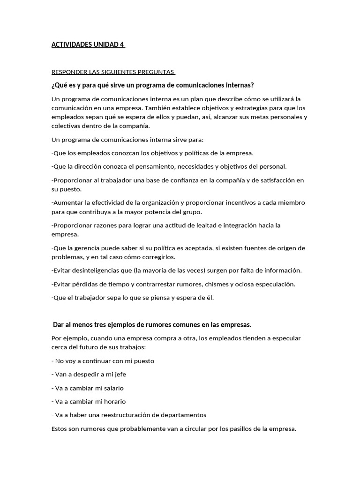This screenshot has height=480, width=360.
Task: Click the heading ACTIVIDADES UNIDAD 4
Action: pyautogui.click(x=88, y=45)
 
